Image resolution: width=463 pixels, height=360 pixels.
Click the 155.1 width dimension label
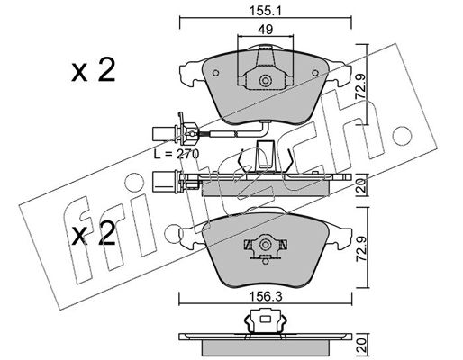(x=265, y=11)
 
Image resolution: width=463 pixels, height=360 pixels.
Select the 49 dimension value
(x=266, y=30)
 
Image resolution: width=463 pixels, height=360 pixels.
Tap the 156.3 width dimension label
(x=266, y=297)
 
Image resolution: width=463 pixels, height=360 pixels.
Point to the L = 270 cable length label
(x=177, y=154)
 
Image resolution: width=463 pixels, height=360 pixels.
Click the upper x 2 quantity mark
(x=94, y=70)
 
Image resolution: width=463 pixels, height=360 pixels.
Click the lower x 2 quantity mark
(x=94, y=234)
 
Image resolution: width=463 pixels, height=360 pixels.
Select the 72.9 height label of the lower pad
(x=361, y=247)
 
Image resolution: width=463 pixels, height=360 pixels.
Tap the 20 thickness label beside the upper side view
(x=361, y=185)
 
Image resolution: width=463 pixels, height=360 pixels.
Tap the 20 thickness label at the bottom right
(x=361, y=343)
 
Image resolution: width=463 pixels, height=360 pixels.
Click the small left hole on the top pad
(x=215, y=73)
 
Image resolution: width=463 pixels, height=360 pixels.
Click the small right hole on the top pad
(x=315, y=73)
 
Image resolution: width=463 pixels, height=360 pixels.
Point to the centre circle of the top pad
(x=266, y=81)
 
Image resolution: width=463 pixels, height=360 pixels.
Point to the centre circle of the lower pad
(x=266, y=245)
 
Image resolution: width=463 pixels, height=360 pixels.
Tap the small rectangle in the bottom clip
(x=265, y=319)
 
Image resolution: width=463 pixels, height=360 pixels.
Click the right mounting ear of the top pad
(x=340, y=74)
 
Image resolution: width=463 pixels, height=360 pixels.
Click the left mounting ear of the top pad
(x=192, y=74)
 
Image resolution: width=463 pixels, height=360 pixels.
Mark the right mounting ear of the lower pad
(x=340, y=237)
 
